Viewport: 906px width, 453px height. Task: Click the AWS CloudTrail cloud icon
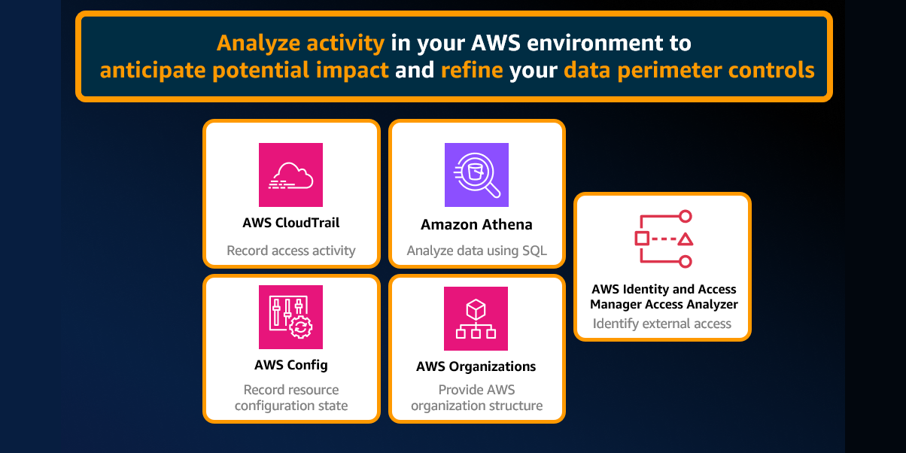pos(290,175)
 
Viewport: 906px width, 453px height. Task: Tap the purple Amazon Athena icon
pos(476,175)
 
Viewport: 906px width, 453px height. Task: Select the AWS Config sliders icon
pos(290,317)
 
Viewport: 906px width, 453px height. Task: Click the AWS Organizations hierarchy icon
pos(476,318)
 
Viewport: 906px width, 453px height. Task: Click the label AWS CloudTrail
pos(290,223)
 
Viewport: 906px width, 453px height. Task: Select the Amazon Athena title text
pos(476,224)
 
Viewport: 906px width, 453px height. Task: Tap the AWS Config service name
pos(290,365)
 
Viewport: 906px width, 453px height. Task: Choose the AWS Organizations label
pos(476,366)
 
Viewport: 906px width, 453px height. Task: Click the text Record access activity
pos(290,251)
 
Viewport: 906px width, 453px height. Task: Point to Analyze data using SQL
pos(476,251)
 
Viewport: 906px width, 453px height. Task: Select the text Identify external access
pos(662,324)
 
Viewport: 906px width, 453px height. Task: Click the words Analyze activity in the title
pos(300,43)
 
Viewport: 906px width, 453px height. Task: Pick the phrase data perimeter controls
pos(689,71)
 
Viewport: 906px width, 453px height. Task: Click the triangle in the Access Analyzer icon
pos(685,239)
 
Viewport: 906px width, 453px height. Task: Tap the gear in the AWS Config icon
pos(301,327)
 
